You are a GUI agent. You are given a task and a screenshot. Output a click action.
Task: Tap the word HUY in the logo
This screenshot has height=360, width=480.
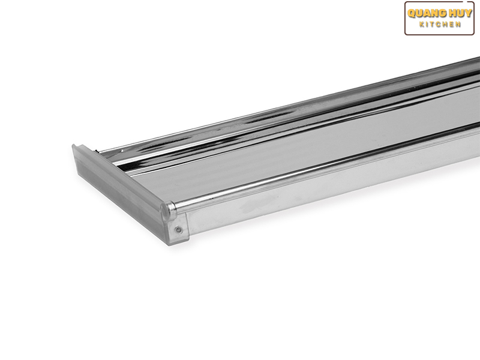coord(461,14)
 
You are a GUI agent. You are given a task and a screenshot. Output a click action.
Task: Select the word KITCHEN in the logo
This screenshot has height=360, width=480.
coord(440,25)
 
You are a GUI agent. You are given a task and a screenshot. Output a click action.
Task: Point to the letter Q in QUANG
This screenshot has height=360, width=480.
coord(412,14)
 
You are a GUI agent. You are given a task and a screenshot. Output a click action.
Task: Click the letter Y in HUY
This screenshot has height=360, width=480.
coord(468,14)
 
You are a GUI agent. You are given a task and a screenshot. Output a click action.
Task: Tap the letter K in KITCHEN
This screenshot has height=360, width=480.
coord(422,25)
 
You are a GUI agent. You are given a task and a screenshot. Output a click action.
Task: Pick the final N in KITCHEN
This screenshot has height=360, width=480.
coord(458,25)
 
